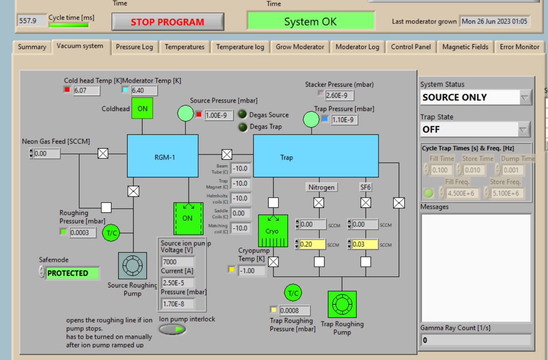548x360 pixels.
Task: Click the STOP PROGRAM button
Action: pyautogui.click(x=167, y=22)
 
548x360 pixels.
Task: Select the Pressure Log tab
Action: pyautogui.click(x=134, y=47)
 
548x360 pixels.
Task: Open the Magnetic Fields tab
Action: pyautogui.click(x=465, y=47)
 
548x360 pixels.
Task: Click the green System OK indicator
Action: pyautogui.click(x=310, y=21)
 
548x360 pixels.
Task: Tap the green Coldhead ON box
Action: pyautogui.click(x=142, y=108)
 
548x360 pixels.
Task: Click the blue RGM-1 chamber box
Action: pyautogui.click(x=162, y=156)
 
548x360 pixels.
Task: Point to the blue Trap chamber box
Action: pyautogui.click(x=316, y=156)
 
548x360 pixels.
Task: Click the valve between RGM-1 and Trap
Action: pyautogui.click(x=227, y=154)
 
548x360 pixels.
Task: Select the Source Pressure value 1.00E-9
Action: pyautogui.click(x=219, y=115)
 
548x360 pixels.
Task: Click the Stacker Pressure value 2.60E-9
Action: pyautogui.click(x=339, y=95)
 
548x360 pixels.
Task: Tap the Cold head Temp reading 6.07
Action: pyautogui.click(x=86, y=91)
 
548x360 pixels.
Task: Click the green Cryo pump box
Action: pyautogui.click(x=273, y=231)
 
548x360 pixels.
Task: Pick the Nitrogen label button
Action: pyautogui.click(x=321, y=187)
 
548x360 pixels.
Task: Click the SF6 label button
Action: pyautogui.click(x=365, y=187)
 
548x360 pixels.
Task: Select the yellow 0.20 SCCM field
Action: pyautogui.click(x=313, y=244)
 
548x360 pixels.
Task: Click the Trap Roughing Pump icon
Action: pyautogui.click(x=342, y=304)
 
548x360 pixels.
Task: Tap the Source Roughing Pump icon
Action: pyautogui.click(x=132, y=266)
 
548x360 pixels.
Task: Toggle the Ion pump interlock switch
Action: pyautogui.click(x=172, y=329)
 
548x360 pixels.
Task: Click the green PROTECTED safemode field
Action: pyautogui.click(x=72, y=273)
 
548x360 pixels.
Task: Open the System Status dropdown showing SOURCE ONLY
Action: pyautogui.click(x=475, y=97)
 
